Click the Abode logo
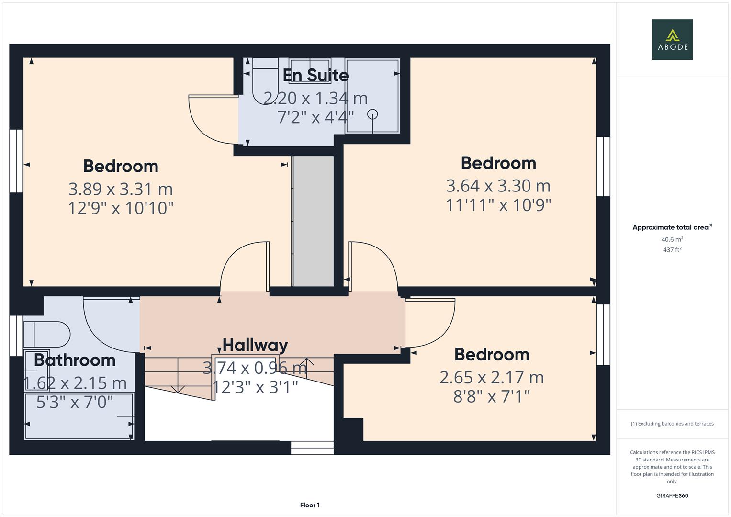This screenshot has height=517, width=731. (x=672, y=39)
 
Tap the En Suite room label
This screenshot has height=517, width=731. (x=315, y=75)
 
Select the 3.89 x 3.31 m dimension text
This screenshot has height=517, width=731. (x=121, y=189)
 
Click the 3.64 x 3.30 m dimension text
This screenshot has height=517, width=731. (x=498, y=186)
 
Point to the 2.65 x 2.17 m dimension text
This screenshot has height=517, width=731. (x=492, y=378)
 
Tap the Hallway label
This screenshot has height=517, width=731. (x=255, y=345)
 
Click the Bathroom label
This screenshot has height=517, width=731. (x=75, y=360)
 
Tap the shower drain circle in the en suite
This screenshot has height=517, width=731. (x=372, y=114)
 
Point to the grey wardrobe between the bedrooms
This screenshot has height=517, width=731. (x=313, y=220)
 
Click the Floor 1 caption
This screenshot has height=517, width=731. (x=310, y=505)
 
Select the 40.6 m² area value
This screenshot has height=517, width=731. (x=672, y=239)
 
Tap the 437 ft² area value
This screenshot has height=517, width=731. (x=672, y=250)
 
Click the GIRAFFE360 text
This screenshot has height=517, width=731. (x=672, y=496)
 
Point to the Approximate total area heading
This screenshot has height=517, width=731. (x=672, y=227)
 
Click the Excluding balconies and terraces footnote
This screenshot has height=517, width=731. (x=672, y=424)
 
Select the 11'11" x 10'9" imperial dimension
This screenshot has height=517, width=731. (x=498, y=205)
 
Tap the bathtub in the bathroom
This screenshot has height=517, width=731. (x=79, y=416)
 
